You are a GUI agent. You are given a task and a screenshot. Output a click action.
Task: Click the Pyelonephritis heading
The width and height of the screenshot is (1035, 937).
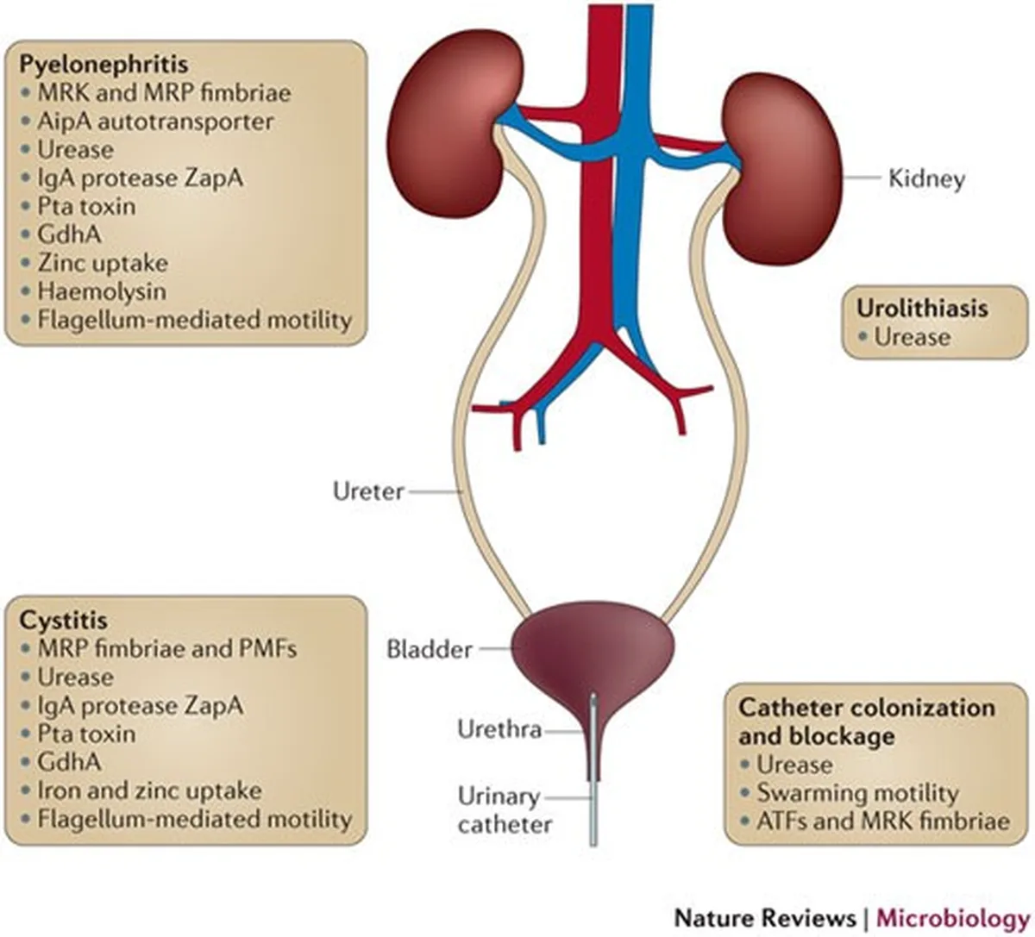[x=103, y=65]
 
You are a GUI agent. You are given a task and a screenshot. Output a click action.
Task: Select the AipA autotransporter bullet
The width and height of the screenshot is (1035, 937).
[x=154, y=122]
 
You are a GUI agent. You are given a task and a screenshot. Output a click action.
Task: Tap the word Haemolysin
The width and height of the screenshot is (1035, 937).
[x=102, y=291]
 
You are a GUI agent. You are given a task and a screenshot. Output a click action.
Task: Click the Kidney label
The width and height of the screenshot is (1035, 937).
[x=926, y=179]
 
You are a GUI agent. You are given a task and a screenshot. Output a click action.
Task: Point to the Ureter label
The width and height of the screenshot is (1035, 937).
[x=368, y=491]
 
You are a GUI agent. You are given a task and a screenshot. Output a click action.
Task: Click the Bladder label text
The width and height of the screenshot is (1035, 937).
[x=430, y=650]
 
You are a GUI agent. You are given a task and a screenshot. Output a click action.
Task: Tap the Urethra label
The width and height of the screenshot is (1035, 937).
[x=499, y=730]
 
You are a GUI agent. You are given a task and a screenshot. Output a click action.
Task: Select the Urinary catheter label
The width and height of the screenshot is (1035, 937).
[x=505, y=810]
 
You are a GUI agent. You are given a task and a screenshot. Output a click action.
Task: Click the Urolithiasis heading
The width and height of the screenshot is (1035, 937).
[x=923, y=309]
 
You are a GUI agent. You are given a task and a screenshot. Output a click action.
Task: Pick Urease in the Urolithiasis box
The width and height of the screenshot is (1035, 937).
[x=912, y=337]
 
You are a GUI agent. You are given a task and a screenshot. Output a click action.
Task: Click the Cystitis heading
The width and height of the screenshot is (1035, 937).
[x=64, y=621]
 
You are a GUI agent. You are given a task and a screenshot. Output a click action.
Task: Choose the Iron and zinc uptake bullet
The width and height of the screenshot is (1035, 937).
[x=149, y=791]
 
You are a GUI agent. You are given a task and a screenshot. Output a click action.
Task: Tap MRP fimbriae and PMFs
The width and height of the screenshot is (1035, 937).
[x=167, y=649]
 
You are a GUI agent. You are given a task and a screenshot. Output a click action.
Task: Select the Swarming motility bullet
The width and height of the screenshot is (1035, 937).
[x=857, y=793]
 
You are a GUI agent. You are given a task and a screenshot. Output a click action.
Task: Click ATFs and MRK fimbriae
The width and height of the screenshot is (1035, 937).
[x=883, y=821]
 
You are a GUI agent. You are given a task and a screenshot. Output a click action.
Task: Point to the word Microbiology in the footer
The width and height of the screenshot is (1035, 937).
[x=953, y=918]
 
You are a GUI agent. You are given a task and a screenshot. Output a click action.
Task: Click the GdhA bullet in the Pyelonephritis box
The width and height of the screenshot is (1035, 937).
[x=69, y=234]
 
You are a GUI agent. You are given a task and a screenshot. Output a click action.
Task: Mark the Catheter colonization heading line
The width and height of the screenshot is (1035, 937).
[x=867, y=708]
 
